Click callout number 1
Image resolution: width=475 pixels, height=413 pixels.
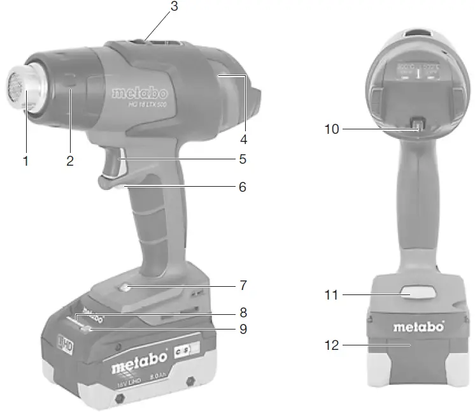coord(26,161)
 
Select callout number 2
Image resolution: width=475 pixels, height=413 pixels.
coord(70,161)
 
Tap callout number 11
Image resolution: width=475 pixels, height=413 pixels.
coord(332,294)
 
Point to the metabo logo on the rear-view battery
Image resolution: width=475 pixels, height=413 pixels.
coord(417,328)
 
